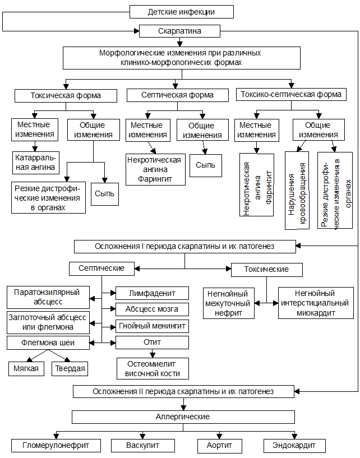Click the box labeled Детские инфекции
point(181,12)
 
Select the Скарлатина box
point(179,31)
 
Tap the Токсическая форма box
point(66,95)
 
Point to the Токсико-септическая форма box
point(291,94)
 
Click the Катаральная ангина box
point(35,163)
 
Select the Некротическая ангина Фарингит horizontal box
point(154,169)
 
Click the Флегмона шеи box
point(48,343)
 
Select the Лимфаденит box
point(152,293)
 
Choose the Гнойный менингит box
point(152,326)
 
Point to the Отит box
point(152,343)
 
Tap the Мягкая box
point(27,368)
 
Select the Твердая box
point(70,368)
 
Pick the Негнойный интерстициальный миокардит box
point(315,303)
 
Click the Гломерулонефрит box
point(57,446)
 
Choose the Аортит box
point(215,446)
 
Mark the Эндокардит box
point(294,446)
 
